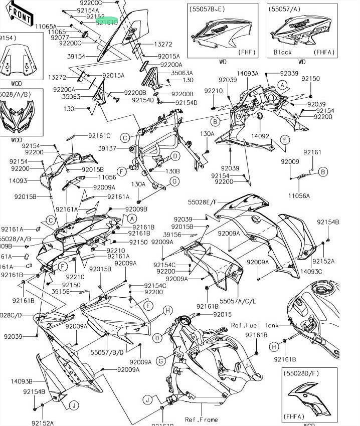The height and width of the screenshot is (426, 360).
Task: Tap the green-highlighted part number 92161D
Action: pyautogui.click(x=107, y=22)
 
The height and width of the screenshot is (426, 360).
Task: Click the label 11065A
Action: pyautogui.click(x=46, y=26)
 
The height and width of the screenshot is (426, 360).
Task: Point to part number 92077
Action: pyautogui.click(x=61, y=38)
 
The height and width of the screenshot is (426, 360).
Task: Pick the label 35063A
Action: pyautogui.click(x=182, y=73)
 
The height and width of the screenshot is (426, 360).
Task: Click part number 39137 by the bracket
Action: pyautogui.click(x=107, y=148)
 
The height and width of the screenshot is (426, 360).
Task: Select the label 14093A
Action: pyautogui.click(x=248, y=74)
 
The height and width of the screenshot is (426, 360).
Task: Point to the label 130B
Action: pyautogui.click(x=172, y=170)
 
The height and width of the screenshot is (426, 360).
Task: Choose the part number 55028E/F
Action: pyautogui.click(x=203, y=202)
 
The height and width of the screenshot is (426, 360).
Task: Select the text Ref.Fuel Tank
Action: pyautogui.click(x=254, y=325)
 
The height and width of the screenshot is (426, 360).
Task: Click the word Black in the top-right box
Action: pyautogui.click(x=283, y=52)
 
